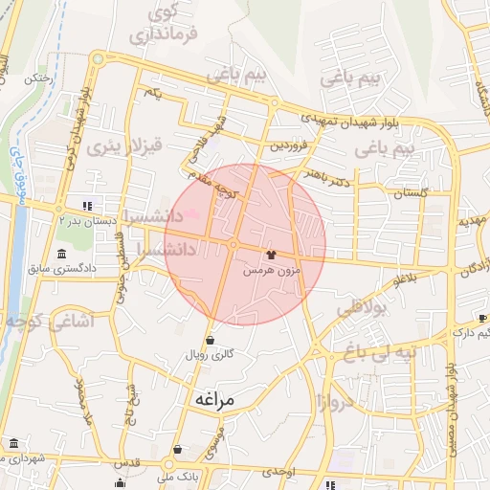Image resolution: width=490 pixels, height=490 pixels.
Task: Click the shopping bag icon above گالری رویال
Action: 210,339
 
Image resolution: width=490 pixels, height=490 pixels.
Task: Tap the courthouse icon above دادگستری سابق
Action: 62,256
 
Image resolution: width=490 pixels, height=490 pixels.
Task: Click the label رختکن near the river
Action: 39,80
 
